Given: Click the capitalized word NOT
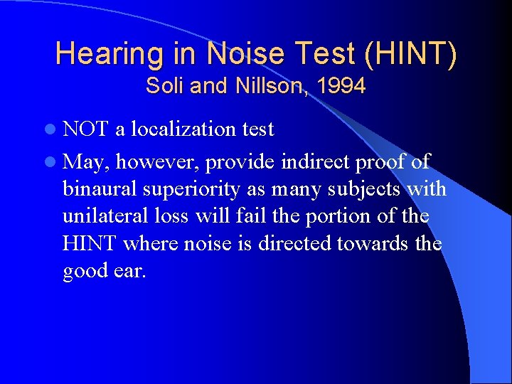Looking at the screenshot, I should pos(85,129).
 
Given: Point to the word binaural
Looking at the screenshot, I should pos(99,190).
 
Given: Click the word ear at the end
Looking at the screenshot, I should pos(131,272).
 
